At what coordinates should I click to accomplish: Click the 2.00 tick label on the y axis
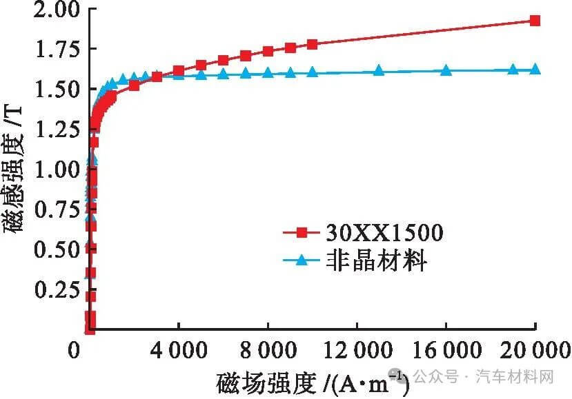point(55,10)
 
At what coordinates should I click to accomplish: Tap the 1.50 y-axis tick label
point(55,89)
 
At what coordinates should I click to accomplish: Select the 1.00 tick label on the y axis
point(55,170)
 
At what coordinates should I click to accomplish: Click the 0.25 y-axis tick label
point(55,290)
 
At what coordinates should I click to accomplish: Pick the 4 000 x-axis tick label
point(178,351)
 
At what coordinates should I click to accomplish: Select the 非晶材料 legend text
point(376,260)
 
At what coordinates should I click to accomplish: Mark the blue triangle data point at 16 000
point(446,70)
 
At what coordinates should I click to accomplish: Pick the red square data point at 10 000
point(312,44)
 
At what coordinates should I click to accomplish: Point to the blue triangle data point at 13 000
point(379,70)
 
